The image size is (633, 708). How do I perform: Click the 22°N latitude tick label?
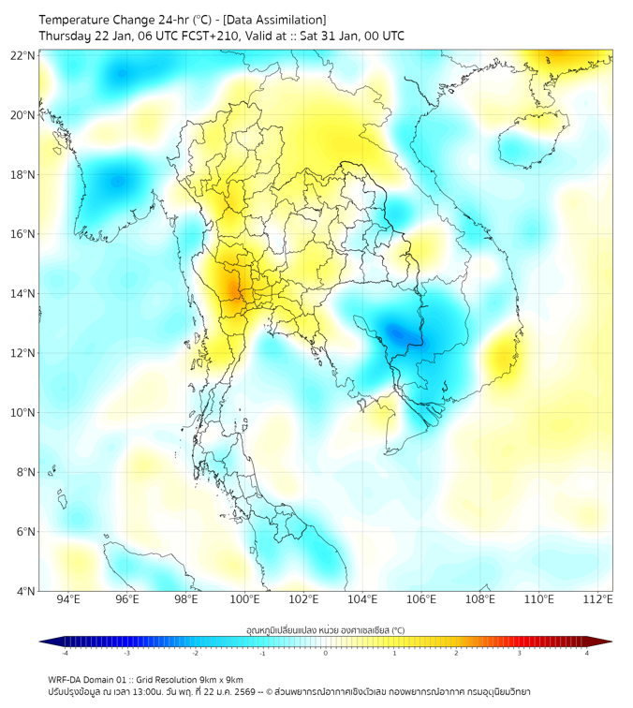click(22, 55)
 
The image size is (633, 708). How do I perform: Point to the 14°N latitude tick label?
click(22, 293)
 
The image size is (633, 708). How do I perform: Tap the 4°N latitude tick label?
click(25, 591)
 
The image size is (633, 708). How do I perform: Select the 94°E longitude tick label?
click(68, 599)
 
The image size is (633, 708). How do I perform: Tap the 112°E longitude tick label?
click(598, 599)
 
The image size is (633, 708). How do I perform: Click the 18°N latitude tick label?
click(22, 174)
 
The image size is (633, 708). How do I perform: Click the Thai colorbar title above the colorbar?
click(325, 629)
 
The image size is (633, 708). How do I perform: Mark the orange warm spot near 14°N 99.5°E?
click(228, 287)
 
